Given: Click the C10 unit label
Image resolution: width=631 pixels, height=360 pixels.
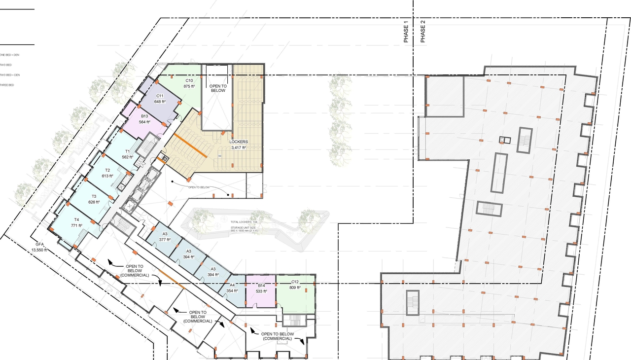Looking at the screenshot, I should (x=189, y=80).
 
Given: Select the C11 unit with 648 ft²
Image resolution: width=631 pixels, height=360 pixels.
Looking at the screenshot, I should (x=160, y=99).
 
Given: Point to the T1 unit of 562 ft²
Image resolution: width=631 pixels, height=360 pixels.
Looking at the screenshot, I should (x=127, y=154).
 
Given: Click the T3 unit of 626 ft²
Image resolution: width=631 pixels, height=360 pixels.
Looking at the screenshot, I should (x=94, y=199).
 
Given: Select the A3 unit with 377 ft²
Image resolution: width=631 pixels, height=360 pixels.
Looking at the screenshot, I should (x=165, y=237).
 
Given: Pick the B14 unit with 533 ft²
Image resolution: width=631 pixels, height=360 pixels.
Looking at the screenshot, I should (x=261, y=288).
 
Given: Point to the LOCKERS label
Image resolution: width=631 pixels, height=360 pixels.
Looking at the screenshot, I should (x=239, y=142).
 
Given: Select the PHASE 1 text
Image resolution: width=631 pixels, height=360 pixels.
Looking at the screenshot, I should (x=406, y=32).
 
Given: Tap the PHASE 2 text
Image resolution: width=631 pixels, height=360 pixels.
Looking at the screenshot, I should (x=422, y=32).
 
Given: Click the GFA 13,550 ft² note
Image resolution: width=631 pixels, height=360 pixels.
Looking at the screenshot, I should (x=39, y=247).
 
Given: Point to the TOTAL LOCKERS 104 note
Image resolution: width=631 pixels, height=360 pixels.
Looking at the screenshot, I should (x=245, y=222).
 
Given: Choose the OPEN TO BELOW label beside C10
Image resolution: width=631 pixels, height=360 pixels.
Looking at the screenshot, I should (x=217, y=88).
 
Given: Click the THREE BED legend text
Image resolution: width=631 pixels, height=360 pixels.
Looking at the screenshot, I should (x=7, y=85).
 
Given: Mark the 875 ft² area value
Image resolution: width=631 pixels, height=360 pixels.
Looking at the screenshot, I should (x=189, y=86).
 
